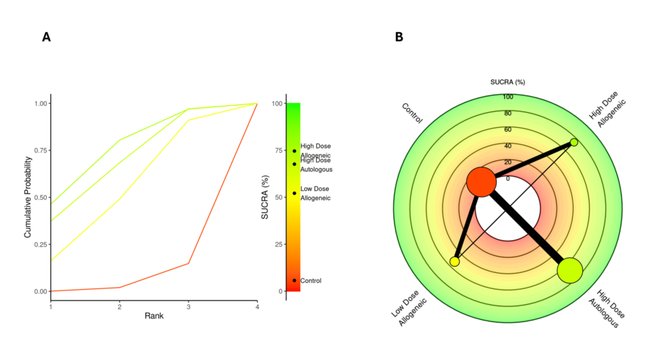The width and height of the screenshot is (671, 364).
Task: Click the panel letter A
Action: click(x=46, y=37)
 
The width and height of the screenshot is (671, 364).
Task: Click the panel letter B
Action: click(x=399, y=37)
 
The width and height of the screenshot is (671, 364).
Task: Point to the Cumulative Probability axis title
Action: click(x=29, y=197)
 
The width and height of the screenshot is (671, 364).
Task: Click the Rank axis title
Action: click(x=154, y=316)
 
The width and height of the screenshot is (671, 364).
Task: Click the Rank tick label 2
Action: click(x=120, y=307)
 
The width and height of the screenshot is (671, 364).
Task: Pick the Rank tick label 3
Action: click(x=189, y=307)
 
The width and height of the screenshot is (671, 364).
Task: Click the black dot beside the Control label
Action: click(x=295, y=280)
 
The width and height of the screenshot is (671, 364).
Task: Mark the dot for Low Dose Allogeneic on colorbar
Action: click(x=295, y=193)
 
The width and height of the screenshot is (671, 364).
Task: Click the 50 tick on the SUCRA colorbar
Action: click(x=277, y=197)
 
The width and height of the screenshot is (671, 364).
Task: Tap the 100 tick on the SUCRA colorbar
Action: click(x=276, y=103)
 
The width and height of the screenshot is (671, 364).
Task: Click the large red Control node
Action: click(x=481, y=182)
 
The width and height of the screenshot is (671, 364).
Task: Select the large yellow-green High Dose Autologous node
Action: click(x=570, y=270)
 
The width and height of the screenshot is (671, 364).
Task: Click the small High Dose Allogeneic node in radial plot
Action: click(x=574, y=142)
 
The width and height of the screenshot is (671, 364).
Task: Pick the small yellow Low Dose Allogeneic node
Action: click(x=455, y=261)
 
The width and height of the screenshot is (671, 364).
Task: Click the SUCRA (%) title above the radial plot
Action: click(x=508, y=82)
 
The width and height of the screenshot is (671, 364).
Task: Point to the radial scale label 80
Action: click(x=508, y=114)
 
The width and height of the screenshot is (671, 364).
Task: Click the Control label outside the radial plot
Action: click(x=412, y=113)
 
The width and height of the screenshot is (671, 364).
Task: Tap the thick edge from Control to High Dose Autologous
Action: click(x=525, y=226)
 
